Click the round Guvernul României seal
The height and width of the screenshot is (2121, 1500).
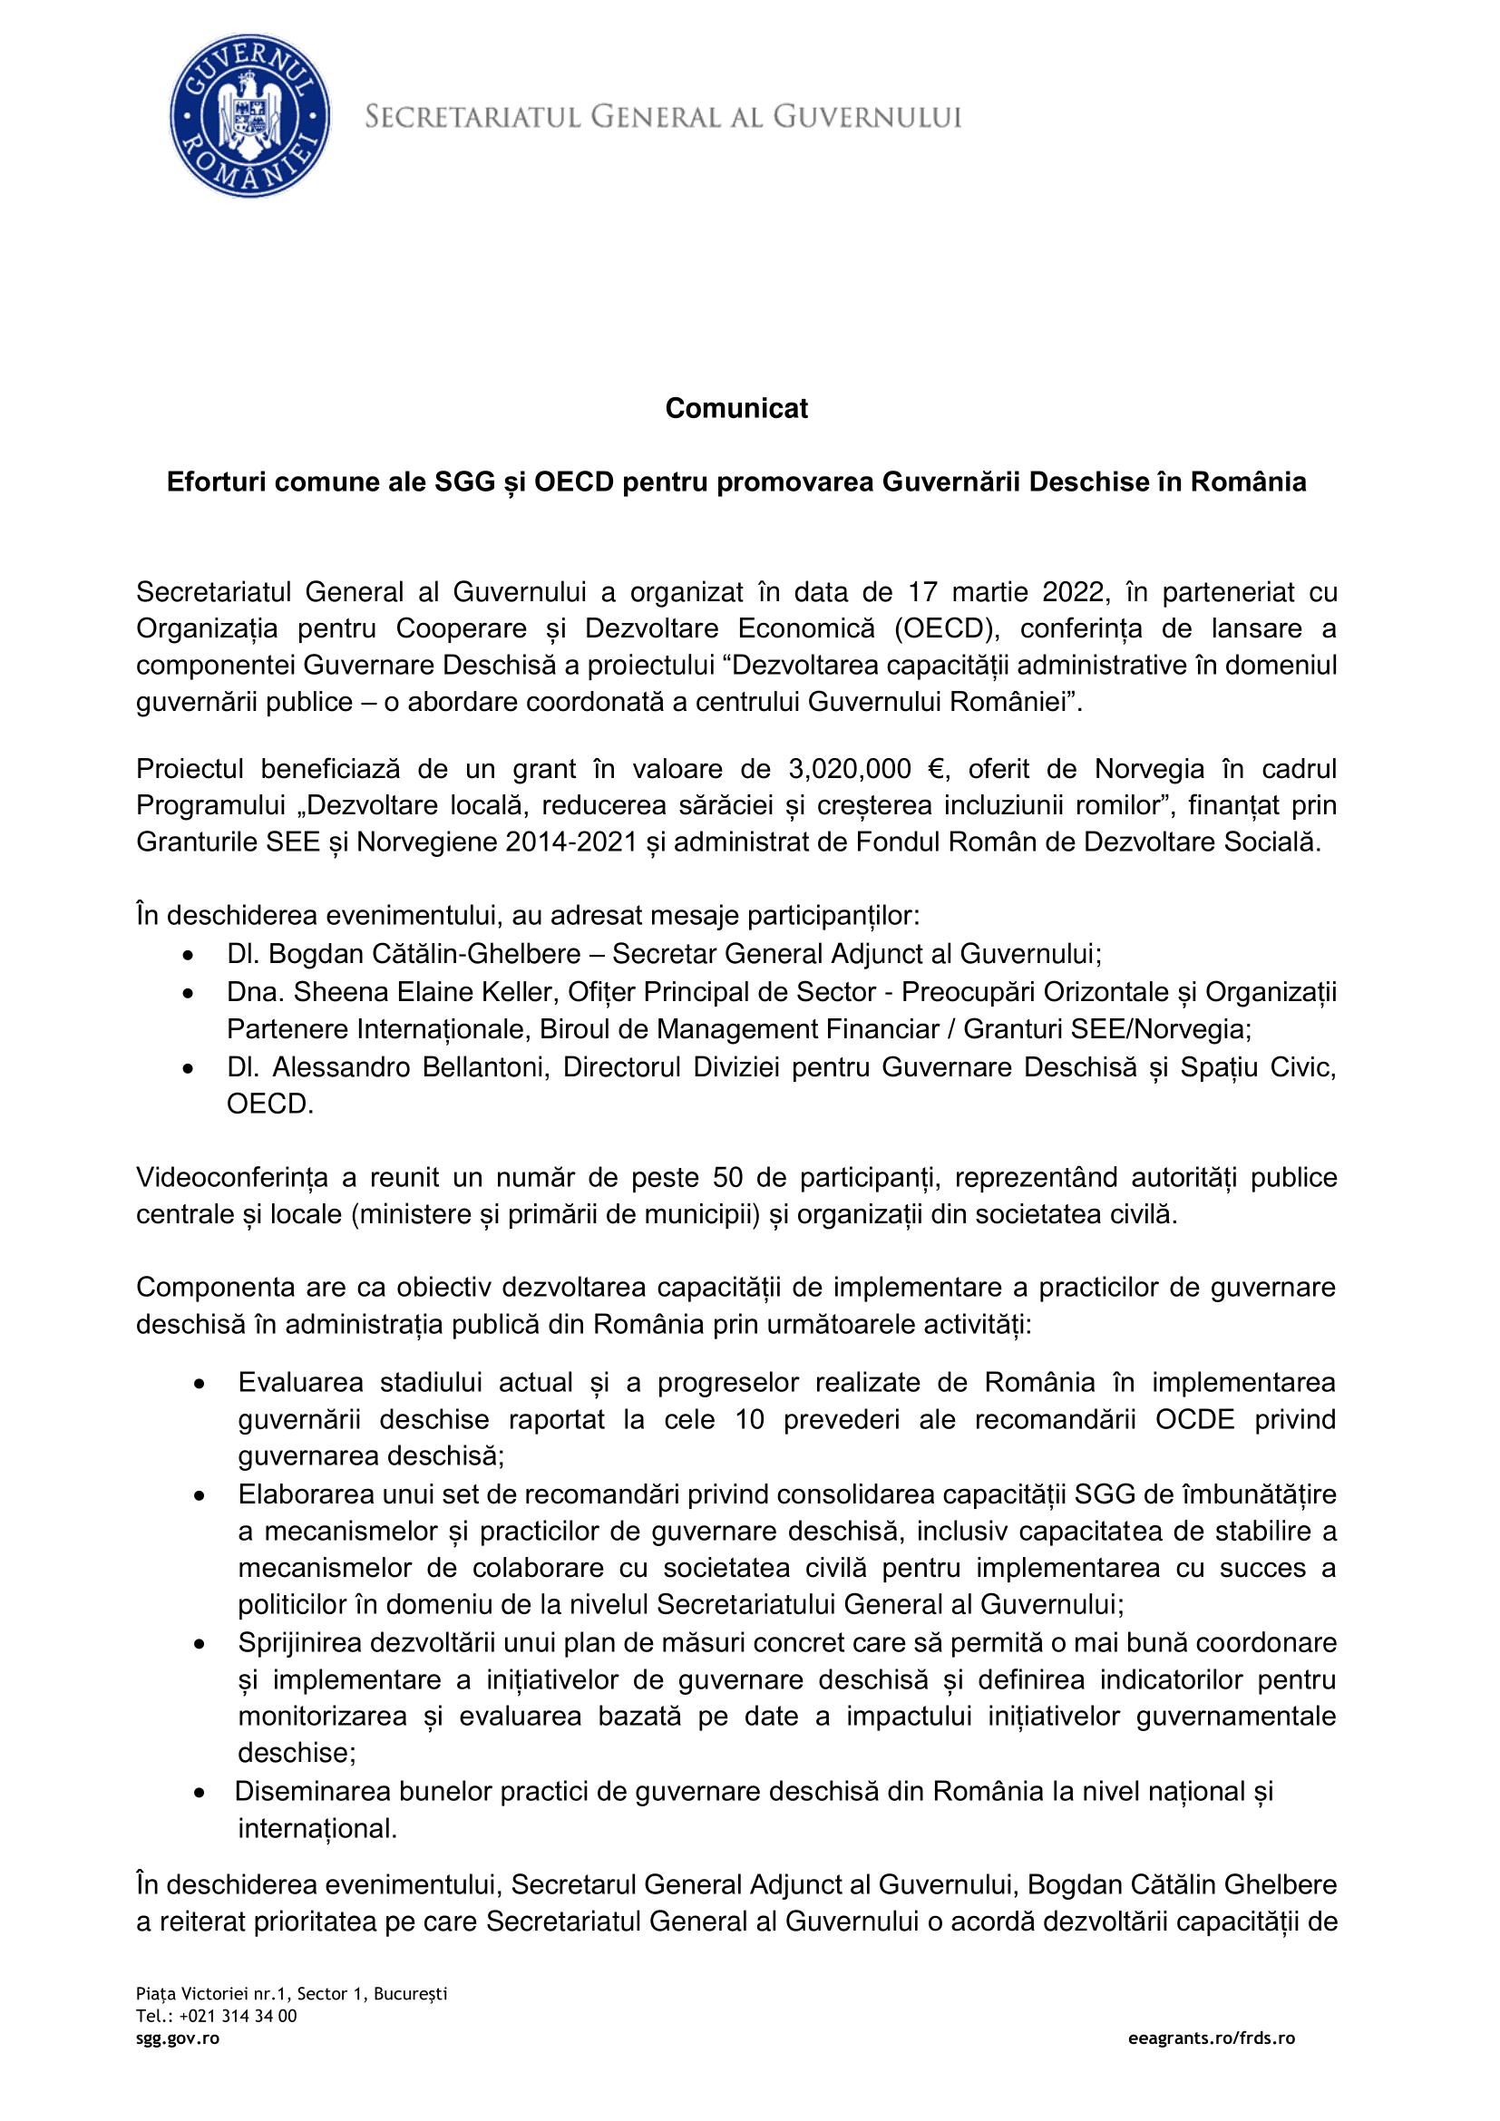249,115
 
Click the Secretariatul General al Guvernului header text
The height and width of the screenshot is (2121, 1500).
663,117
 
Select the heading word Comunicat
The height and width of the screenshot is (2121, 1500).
736,408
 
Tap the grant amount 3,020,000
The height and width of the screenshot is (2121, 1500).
849,769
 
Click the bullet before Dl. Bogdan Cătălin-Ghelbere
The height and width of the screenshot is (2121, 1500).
189,955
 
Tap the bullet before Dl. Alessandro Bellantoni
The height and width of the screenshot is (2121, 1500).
189,1069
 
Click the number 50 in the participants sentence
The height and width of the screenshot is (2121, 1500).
728,1177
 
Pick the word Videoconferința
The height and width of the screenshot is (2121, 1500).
232,1177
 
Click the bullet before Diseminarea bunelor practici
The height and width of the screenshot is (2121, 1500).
200,1793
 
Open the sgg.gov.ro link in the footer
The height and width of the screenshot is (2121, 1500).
178,2038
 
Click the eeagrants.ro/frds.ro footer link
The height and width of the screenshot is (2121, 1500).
1211,2038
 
